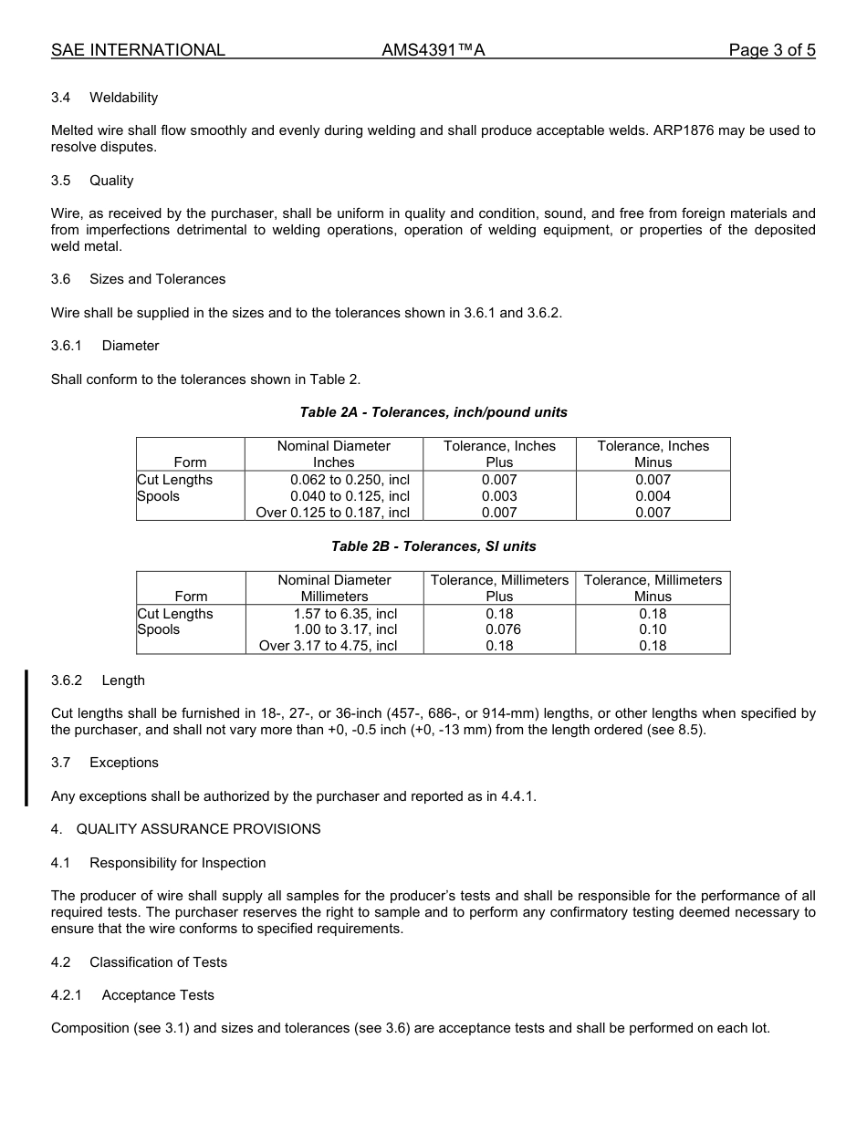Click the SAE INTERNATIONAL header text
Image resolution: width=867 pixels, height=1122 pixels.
tap(138, 50)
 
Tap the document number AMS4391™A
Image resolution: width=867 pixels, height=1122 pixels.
tap(433, 50)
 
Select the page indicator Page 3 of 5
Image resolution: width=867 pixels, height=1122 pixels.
tap(771, 50)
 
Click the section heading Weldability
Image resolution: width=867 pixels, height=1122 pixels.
tap(123, 98)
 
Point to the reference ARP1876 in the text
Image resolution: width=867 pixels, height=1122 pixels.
tap(684, 130)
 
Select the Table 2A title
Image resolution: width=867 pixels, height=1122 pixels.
tap(433, 412)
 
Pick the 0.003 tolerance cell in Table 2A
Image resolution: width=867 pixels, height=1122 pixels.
tap(499, 496)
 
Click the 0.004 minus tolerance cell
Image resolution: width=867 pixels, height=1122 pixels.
tap(653, 496)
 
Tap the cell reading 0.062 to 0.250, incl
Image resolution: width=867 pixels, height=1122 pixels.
tap(350, 480)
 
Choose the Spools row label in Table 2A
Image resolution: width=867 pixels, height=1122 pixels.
tap(159, 496)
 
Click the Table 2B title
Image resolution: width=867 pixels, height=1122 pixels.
tap(433, 546)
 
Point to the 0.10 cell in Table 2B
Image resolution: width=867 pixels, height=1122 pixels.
tap(653, 629)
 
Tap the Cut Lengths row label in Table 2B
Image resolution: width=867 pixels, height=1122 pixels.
tap(175, 614)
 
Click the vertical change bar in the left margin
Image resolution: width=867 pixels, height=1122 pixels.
tap(26, 738)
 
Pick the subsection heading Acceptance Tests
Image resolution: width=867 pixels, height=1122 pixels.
tap(158, 995)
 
